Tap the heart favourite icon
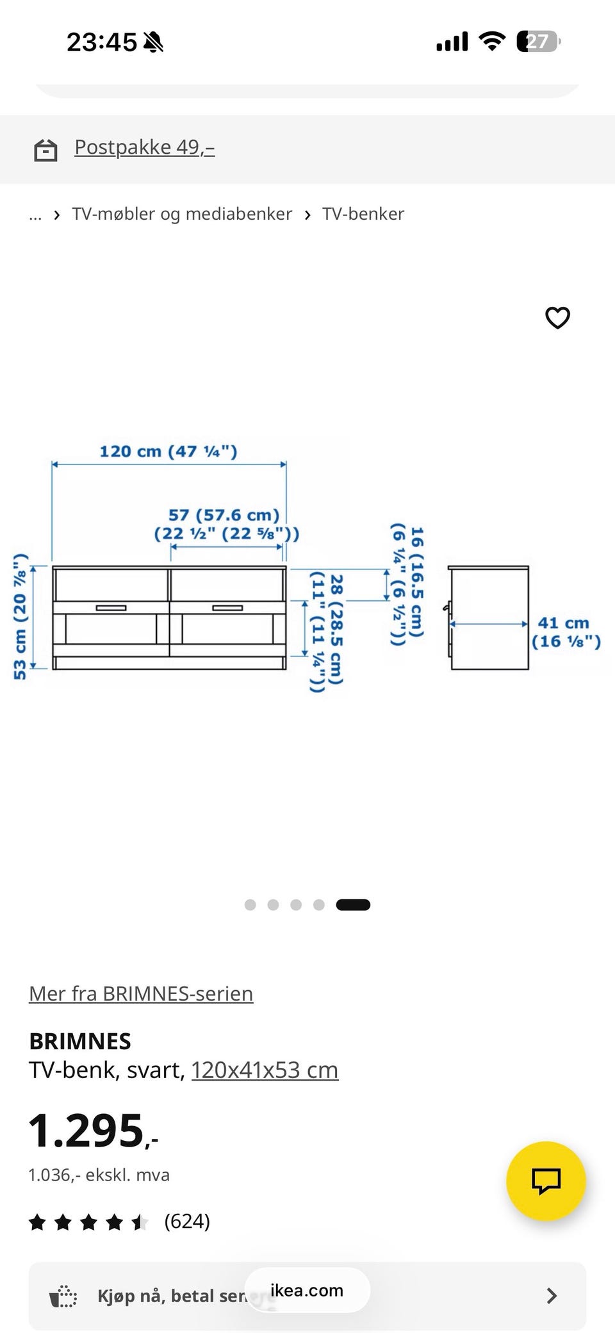point(557,318)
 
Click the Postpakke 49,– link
point(144,147)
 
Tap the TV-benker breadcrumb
point(363,214)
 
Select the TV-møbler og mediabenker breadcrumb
point(182,214)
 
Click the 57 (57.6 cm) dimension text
point(224,515)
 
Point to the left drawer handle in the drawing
point(111,607)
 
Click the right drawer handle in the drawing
point(227,607)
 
